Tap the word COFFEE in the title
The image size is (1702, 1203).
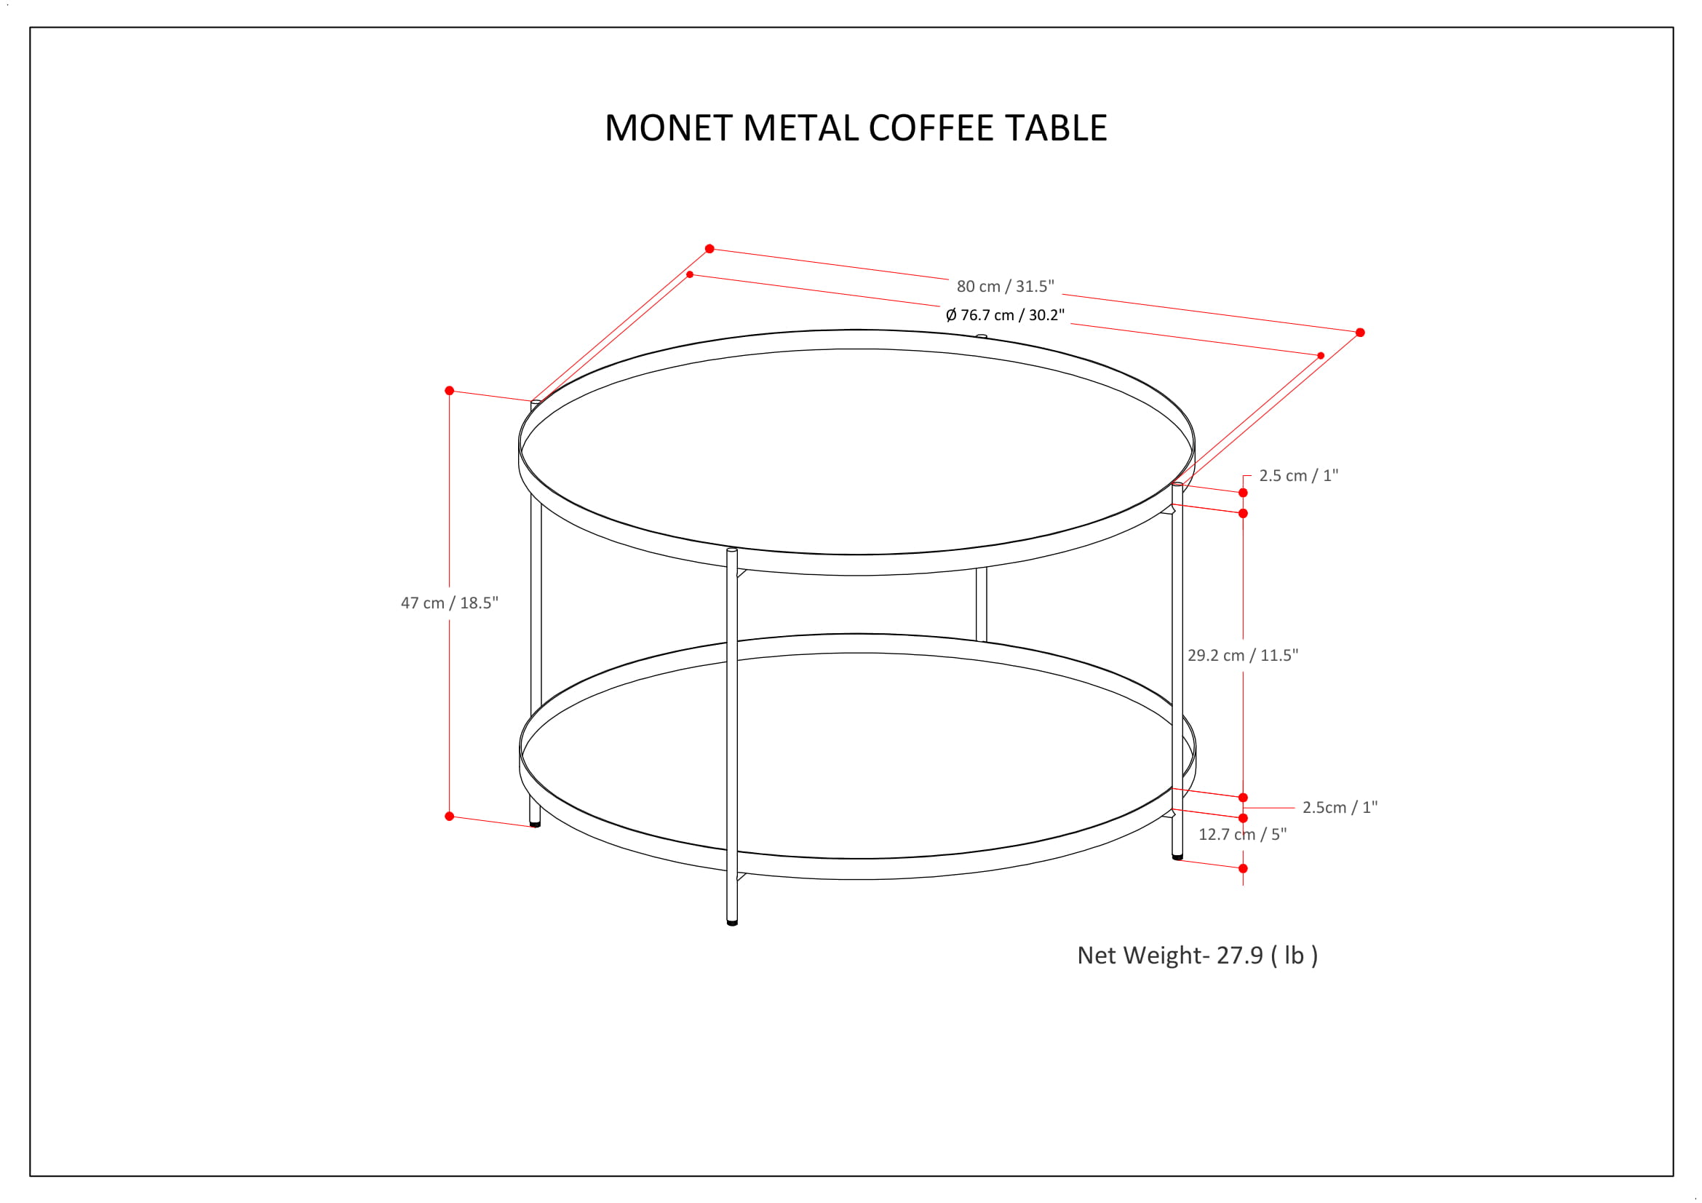931,128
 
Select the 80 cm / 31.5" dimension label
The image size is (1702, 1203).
1005,286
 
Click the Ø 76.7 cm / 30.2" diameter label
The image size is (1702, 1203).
1004,315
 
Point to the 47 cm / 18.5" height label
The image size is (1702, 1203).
449,603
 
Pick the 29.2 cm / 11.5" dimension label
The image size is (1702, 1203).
1242,655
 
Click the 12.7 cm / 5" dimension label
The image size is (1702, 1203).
1242,834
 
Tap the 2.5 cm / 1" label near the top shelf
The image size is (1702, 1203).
1298,476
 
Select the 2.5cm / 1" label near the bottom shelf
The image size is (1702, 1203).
1340,807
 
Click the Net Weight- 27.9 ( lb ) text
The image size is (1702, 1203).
1197,956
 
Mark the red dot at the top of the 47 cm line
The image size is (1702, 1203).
449,391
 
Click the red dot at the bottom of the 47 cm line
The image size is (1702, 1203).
449,816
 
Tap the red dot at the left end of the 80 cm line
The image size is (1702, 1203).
709,249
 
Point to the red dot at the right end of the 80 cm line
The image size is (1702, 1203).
1360,333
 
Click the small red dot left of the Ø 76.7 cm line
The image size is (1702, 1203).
690,275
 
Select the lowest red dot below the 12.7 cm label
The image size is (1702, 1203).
1243,869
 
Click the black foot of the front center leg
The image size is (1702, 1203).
733,923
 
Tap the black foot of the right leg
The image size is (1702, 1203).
1177,857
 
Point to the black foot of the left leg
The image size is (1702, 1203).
536,825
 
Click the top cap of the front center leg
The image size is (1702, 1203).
733,551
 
